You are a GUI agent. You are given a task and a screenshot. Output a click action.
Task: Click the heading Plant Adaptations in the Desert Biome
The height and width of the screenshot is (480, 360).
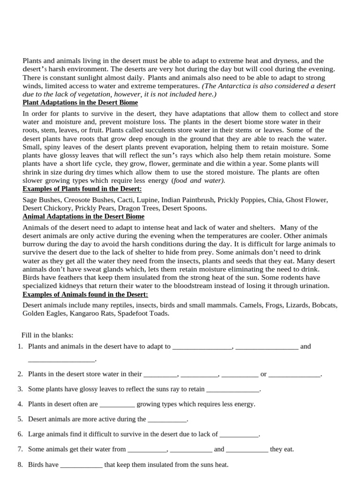[x=80, y=103]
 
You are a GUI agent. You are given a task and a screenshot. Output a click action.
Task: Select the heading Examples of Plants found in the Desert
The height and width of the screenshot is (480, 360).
[x=82, y=189]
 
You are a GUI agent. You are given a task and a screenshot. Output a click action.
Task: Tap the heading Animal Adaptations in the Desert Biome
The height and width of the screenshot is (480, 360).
[x=83, y=217]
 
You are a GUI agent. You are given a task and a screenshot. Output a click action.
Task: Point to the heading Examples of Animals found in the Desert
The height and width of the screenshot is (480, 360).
[x=85, y=294]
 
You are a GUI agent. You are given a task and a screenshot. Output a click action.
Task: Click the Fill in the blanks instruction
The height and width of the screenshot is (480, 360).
[x=47, y=335]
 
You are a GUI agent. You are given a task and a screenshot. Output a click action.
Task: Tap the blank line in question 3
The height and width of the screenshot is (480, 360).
[x=232, y=390]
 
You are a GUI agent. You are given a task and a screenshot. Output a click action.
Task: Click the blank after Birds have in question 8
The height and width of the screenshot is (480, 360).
[x=82, y=465]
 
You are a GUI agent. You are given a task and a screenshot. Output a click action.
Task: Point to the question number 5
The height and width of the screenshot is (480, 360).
[x=20, y=419]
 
